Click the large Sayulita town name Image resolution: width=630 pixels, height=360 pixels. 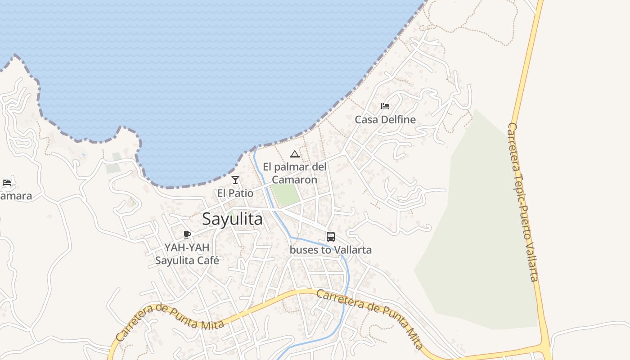(x=232, y=219)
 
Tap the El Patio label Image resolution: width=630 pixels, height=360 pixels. (x=235, y=193)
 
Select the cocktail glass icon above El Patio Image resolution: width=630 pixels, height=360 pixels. (x=235, y=180)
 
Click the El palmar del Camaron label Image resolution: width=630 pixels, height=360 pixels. (x=294, y=173)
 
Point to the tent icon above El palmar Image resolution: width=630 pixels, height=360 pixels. (x=294, y=154)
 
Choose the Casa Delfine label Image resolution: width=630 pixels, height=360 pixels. (x=385, y=120)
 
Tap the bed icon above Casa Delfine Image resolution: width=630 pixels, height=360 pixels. (x=385, y=106)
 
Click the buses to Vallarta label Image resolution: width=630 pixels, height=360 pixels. (x=330, y=250)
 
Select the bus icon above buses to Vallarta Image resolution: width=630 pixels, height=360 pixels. (x=330, y=236)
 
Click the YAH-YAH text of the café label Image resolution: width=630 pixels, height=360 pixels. (x=187, y=247)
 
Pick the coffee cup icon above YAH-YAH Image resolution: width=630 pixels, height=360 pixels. (x=187, y=234)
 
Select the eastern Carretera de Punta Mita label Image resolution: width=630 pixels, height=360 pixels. (x=370, y=319)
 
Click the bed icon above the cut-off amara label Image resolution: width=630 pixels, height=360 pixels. (x=7, y=182)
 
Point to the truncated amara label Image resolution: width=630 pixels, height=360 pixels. (x=16, y=196)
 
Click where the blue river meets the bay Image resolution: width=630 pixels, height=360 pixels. (x=255, y=149)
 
